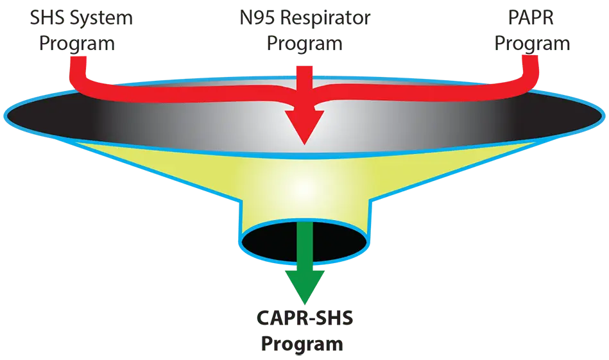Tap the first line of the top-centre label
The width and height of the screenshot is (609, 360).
pyautogui.click(x=304, y=17)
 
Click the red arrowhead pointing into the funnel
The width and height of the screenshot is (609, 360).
pyautogui.click(x=303, y=125)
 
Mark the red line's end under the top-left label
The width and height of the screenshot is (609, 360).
pyautogui.click(x=78, y=62)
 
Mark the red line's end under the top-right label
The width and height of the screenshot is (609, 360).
pyautogui.click(x=530, y=62)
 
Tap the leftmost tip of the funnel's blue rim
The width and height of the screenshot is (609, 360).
pyautogui.click(x=5, y=116)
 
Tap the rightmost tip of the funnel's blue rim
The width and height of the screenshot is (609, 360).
pyautogui.click(x=603, y=116)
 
